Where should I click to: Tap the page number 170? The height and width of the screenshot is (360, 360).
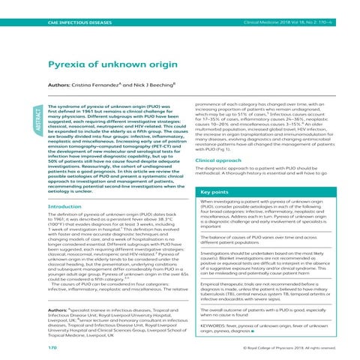point(31,348)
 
